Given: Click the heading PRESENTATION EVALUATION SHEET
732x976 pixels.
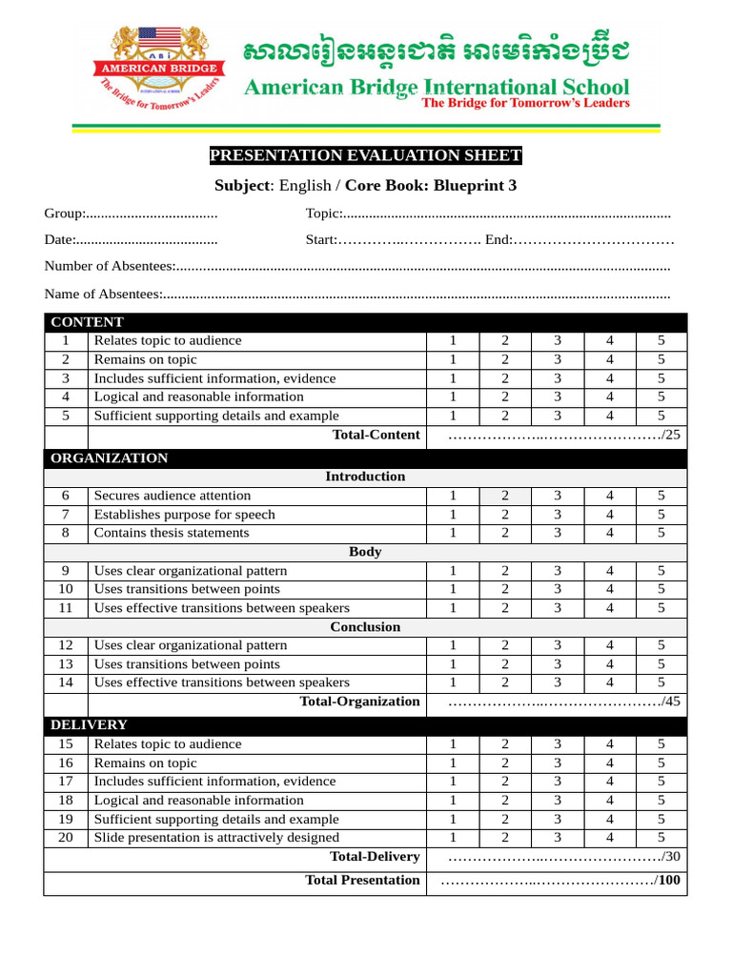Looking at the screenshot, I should click(365, 156).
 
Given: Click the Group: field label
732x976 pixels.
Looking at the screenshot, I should click(65, 213).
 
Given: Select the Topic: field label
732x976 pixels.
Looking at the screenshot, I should click(323, 213).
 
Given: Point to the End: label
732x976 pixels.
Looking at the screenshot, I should click(498, 240).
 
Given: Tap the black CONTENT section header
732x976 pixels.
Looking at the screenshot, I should click(87, 322).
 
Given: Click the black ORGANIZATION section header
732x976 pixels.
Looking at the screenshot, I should click(109, 458).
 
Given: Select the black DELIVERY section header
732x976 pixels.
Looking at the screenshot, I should click(89, 725).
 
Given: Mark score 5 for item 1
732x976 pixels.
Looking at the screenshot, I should click(661, 340).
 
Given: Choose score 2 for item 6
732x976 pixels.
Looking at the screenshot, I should click(505, 496).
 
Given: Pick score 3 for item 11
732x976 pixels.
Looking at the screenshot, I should click(558, 608).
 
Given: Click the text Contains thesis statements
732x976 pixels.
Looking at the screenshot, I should click(172, 533).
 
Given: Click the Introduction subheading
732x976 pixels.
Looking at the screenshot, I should click(365, 477).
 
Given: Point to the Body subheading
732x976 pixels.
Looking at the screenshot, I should click(365, 552).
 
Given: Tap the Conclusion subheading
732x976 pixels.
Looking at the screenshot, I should click(365, 627).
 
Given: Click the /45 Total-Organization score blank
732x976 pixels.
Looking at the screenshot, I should click(563, 702).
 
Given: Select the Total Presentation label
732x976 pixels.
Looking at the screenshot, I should click(362, 881).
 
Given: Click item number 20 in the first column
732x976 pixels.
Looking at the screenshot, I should click(66, 838).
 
